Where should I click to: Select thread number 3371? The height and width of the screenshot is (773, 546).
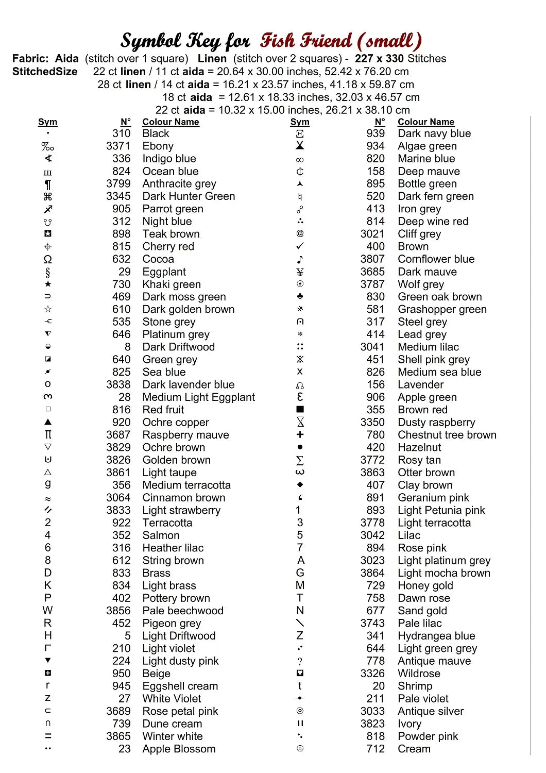[118, 146]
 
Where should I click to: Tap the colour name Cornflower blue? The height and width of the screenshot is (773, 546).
[436, 259]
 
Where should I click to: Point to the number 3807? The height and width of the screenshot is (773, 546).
[372, 259]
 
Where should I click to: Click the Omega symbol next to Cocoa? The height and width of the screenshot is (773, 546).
[48, 259]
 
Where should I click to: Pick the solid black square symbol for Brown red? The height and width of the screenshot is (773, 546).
[300, 410]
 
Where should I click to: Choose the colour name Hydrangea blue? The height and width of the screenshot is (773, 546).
[436, 636]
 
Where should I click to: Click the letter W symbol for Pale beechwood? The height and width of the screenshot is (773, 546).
[48, 611]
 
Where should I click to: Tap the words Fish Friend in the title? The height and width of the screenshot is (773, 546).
[306, 41]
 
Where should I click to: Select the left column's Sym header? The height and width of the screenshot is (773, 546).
[47, 122]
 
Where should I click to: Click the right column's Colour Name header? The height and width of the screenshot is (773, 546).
[425, 122]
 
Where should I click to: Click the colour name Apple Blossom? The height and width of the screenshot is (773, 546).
[179, 749]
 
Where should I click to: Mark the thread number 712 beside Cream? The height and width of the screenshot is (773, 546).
[376, 749]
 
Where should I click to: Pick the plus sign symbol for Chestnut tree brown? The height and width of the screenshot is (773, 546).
[300, 435]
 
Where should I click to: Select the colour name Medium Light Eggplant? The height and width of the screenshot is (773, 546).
[198, 397]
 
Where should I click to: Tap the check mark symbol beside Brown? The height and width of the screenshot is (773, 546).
[300, 246]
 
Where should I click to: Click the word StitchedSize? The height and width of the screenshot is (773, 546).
[45, 72]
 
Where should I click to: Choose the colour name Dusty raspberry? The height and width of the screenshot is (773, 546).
[436, 423]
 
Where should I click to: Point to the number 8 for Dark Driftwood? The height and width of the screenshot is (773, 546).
[127, 347]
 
